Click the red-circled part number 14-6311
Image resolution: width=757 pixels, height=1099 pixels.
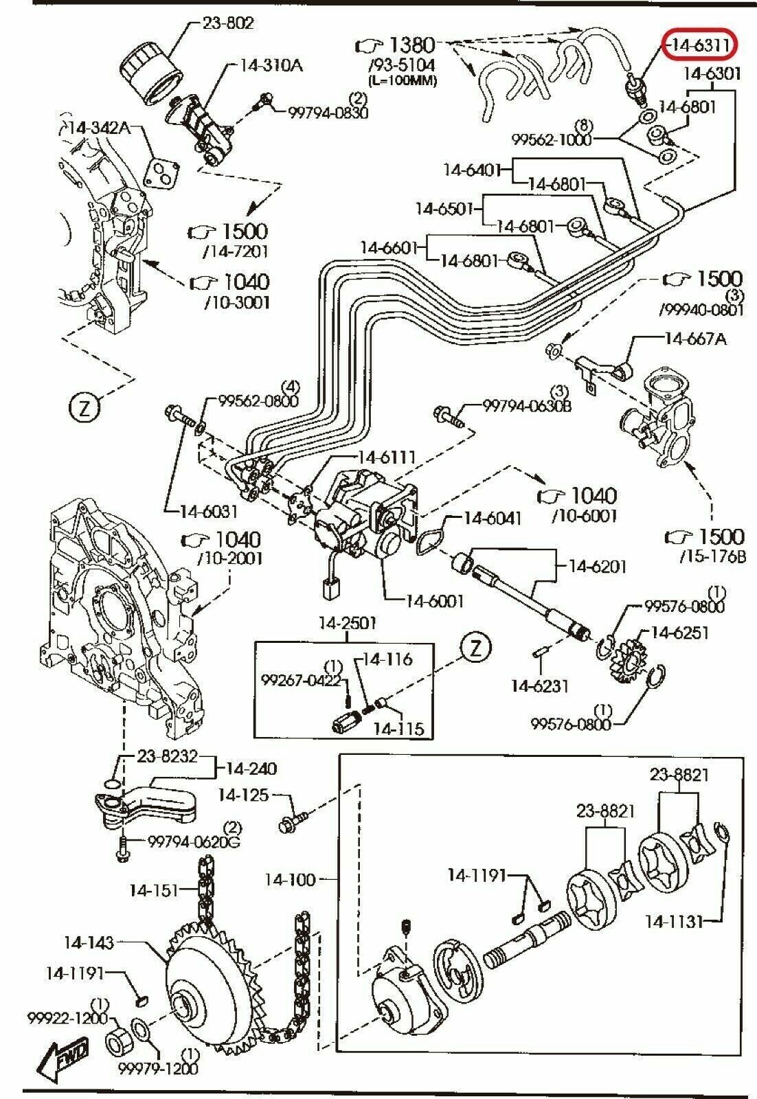coord(700,45)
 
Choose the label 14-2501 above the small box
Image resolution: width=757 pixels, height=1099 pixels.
coord(347,624)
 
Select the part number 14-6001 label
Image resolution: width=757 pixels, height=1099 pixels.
coord(435,601)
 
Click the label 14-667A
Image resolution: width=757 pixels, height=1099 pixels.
coord(695,338)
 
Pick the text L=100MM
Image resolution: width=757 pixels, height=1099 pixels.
coord(403,80)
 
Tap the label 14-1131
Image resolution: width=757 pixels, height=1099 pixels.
coord(675,920)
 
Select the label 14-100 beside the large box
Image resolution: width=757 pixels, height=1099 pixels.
coord(291,879)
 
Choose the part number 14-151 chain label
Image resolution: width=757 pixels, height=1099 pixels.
coord(153,890)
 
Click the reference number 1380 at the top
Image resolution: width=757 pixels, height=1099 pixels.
coord(412,45)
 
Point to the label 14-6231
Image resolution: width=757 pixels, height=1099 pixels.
coord(539,685)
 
